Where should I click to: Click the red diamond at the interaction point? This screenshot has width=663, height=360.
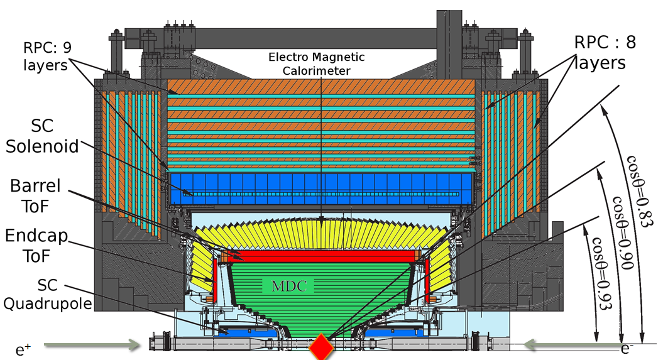pyautogui.click(x=321, y=346)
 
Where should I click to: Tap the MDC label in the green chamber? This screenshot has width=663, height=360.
pyautogui.click(x=288, y=285)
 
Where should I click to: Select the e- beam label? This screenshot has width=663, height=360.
pyautogui.click(x=626, y=347)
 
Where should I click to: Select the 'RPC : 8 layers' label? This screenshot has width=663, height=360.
pyautogui.click(x=600, y=53)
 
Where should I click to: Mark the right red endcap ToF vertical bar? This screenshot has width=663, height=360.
pyautogui.click(x=428, y=277)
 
